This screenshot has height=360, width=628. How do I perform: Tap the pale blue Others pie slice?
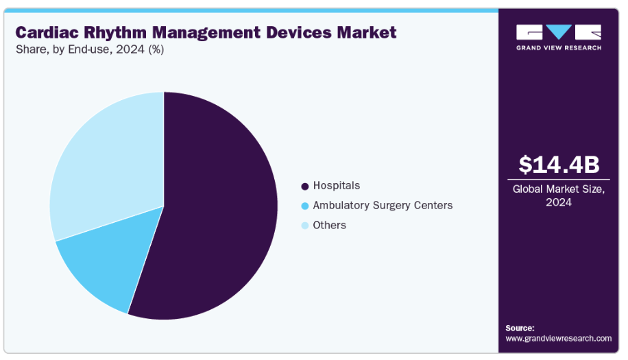point(103,165)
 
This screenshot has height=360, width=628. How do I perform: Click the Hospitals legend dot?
point(304,186)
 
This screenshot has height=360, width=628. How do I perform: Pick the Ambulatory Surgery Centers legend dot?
point(304,206)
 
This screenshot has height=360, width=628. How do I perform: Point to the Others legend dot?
point(304,226)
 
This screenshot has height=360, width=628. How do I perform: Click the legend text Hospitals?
point(336,186)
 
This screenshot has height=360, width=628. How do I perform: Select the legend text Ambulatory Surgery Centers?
point(383,206)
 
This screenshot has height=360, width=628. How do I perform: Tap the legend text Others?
point(329,226)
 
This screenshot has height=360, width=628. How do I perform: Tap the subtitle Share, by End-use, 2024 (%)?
point(90,49)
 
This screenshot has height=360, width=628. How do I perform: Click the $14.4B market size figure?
point(559,165)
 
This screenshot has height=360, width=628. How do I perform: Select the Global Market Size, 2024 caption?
point(559,196)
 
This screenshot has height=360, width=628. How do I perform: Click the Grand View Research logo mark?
point(559,32)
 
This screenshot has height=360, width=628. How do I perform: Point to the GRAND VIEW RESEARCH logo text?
point(559,47)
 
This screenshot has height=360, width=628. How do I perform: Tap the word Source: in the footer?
point(520,328)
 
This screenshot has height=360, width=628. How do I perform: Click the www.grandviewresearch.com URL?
point(558,338)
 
